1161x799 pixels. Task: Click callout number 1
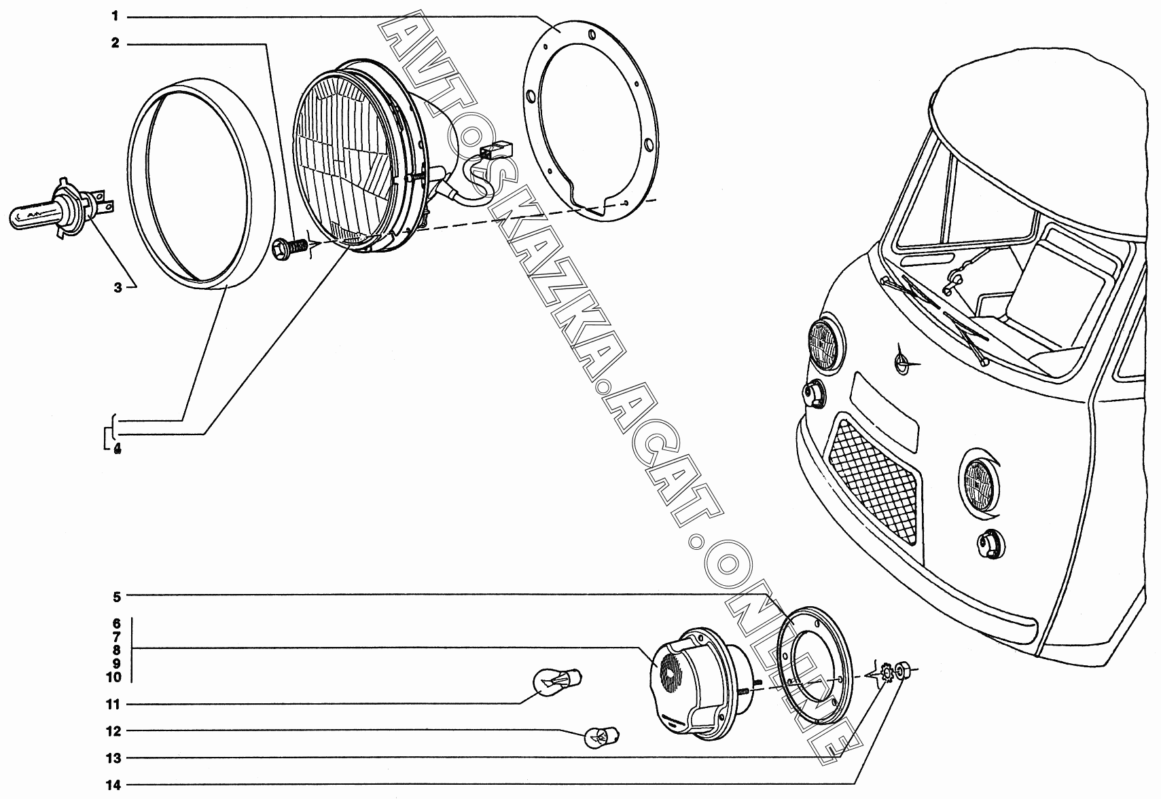(x=115, y=16)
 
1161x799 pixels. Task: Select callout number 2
(x=115, y=43)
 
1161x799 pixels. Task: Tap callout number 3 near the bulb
(x=118, y=288)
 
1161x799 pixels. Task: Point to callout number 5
(x=117, y=597)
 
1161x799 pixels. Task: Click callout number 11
(x=114, y=705)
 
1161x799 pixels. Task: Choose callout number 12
(x=114, y=731)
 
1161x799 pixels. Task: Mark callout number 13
(x=114, y=758)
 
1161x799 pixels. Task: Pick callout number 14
(x=114, y=785)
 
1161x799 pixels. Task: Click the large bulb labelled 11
(x=557, y=680)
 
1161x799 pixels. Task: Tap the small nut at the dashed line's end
(x=903, y=671)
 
